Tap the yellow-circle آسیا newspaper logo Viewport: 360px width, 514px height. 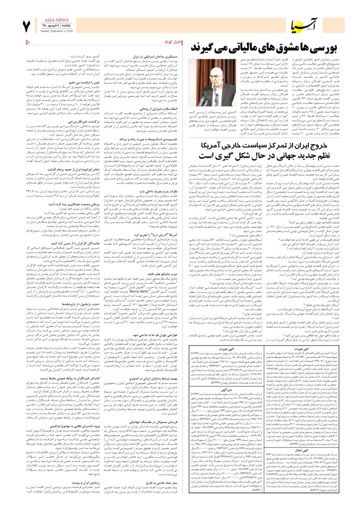click(x=305, y=24)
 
